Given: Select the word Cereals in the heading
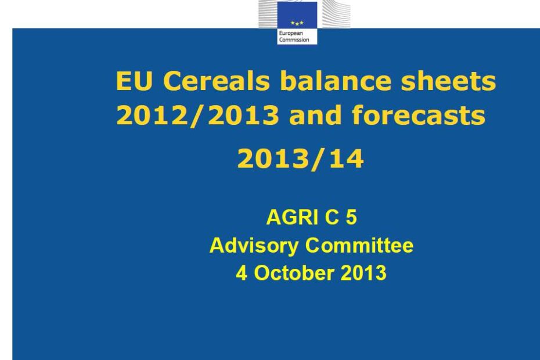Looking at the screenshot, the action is click(216, 81).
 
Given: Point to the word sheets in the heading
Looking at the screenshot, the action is click(448, 81).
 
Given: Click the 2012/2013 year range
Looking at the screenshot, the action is click(197, 115).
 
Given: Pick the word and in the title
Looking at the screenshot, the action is click(315, 115).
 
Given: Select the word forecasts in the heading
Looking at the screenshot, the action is click(419, 115).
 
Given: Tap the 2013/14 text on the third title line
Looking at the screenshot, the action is click(301, 159).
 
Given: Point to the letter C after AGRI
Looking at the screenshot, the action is click(332, 217).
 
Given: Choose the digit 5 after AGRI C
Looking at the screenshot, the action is click(351, 217).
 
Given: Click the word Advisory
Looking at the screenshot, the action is click(254, 246).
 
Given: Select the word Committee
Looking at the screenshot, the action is click(359, 245).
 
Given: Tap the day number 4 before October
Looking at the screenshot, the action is click(242, 273).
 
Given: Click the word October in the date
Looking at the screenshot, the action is click(294, 273).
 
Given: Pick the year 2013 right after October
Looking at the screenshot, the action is click(363, 273).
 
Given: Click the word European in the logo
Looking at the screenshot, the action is click(291, 34).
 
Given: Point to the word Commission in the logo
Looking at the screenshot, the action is click(294, 39).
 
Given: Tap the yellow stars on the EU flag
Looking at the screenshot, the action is click(297, 23).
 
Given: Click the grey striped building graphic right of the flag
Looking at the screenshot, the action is click(333, 14).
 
